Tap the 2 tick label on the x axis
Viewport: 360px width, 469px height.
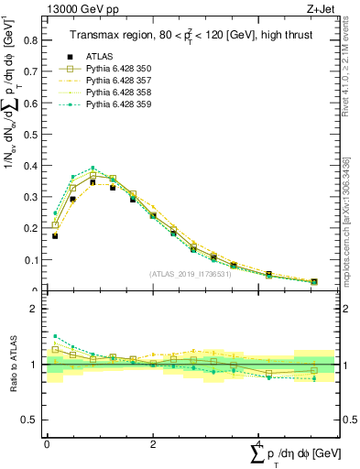point(153,443)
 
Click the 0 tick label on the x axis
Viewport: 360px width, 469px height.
point(47,443)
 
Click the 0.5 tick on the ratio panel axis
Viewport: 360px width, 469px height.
point(30,420)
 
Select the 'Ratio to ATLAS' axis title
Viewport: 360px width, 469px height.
point(11,365)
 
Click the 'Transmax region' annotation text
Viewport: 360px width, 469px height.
point(103,35)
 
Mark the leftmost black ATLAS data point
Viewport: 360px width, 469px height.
point(55,235)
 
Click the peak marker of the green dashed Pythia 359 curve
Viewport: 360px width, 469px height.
point(93,169)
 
